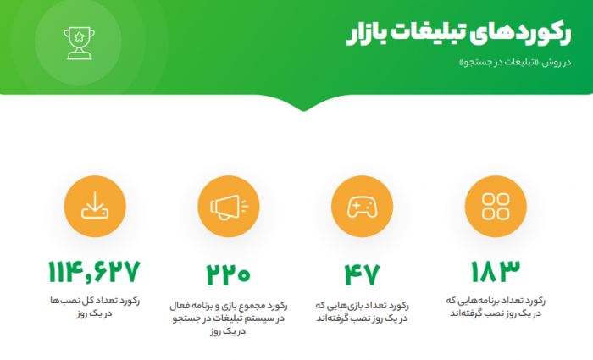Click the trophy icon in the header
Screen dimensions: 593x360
79,42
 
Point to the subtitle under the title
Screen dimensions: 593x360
515,63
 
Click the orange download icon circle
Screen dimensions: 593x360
95,207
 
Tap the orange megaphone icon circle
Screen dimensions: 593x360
229,207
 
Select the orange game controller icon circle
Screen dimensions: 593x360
362,207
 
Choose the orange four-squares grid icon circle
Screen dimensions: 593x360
496,207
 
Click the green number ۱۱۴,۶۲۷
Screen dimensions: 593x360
95,272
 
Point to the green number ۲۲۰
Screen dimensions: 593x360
229,274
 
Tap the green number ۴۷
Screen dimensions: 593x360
362,274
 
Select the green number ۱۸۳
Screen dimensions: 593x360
496,271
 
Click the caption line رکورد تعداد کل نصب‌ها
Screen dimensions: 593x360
95,301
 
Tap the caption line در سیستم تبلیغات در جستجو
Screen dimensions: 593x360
229,318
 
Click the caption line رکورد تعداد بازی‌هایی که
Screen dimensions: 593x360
362,306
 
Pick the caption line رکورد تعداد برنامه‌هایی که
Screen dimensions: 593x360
496,301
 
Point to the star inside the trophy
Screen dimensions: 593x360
79,36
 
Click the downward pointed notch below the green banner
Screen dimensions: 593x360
303,109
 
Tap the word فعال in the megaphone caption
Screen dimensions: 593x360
180,306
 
